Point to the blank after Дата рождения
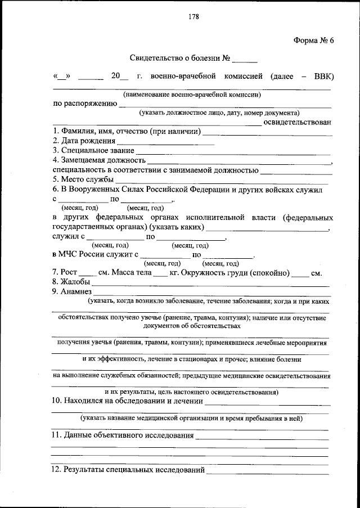166,141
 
